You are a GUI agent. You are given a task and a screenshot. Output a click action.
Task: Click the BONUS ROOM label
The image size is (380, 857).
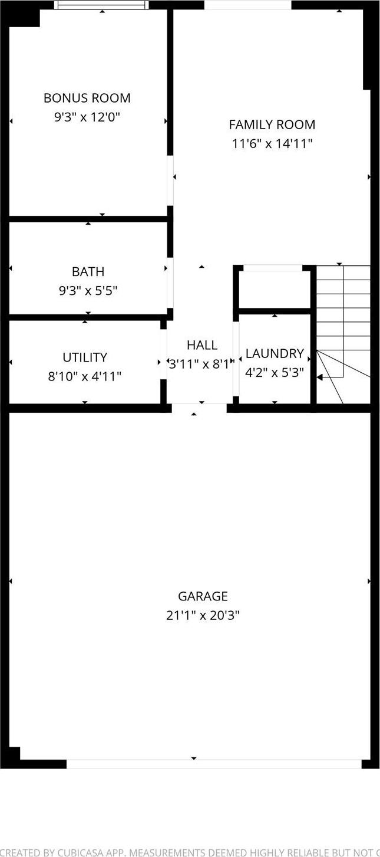87,98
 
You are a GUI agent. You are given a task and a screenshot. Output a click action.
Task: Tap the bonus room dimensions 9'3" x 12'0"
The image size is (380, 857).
87,117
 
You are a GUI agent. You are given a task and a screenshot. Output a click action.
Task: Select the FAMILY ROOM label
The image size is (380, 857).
272,124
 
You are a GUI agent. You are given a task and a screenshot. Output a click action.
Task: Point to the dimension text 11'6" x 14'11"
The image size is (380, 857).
272,143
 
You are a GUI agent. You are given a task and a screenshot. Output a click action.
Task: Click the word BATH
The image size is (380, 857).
88,271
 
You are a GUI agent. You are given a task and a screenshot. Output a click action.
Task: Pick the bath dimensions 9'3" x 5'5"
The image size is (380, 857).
88,290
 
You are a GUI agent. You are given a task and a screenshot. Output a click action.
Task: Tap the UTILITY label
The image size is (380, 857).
85,357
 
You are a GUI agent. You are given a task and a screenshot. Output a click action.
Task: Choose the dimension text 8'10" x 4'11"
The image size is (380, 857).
85,376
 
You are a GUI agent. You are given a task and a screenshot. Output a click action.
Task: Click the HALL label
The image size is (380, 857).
202,345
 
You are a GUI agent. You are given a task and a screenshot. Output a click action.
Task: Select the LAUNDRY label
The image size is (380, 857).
275,354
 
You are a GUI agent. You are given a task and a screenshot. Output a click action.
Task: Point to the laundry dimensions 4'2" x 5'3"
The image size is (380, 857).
275,373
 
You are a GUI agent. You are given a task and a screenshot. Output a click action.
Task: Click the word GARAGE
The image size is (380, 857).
203,596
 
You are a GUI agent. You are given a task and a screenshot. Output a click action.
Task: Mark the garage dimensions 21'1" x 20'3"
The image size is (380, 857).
203,615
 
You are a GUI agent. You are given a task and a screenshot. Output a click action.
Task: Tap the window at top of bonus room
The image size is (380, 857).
101,5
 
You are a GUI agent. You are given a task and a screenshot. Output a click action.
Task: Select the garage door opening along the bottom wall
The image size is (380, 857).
213,764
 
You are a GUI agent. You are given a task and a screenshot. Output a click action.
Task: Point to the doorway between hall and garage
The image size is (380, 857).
199,408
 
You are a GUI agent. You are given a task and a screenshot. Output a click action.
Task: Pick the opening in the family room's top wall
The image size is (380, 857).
247,5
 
